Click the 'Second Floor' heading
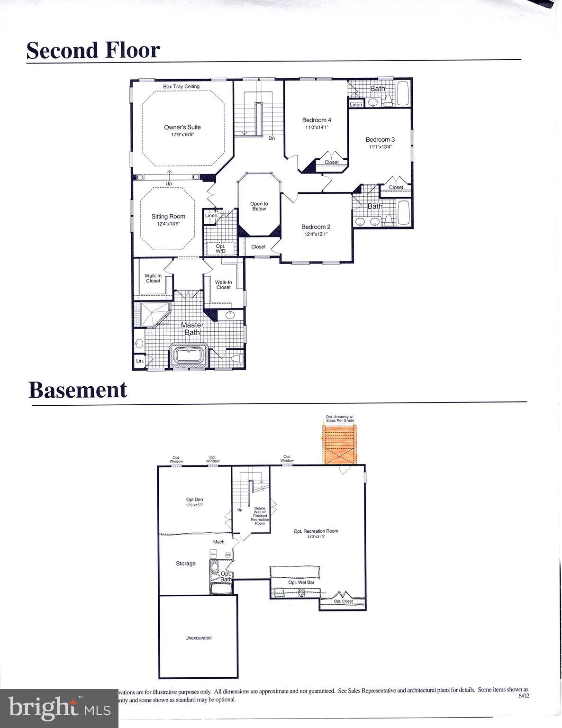(x=93, y=50)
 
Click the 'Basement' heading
(x=78, y=390)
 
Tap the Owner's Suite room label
(x=182, y=127)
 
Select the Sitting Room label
(x=168, y=217)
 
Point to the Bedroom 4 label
(x=317, y=120)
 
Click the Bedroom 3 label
(x=380, y=140)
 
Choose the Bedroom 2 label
(x=316, y=227)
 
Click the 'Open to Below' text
(x=259, y=206)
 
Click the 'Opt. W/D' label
(x=220, y=248)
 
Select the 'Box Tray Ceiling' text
(x=181, y=87)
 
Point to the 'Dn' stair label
(x=272, y=138)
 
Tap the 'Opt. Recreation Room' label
(x=316, y=531)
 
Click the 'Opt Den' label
(x=194, y=500)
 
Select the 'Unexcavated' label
(x=198, y=638)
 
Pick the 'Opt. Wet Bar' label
(x=301, y=582)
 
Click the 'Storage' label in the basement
(x=186, y=564)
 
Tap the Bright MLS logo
(x=59, y=709)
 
